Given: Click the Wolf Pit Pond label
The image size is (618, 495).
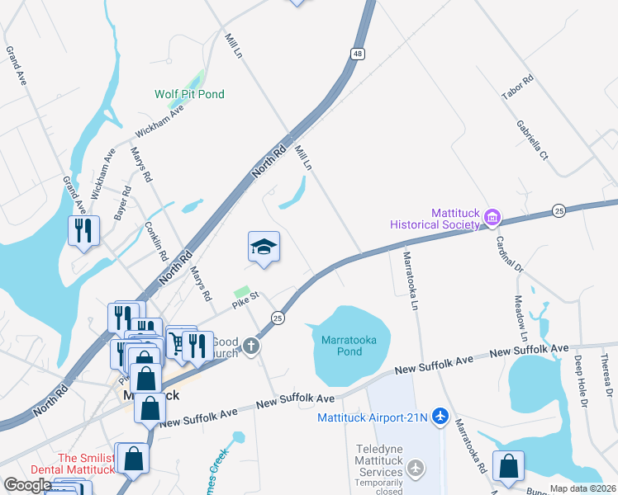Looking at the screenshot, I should pos(189,94).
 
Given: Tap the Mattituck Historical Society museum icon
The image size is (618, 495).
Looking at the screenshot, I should pos(493,218).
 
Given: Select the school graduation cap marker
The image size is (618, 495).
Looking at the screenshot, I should pos(264,247).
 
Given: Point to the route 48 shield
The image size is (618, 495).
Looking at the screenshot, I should pos(357,54).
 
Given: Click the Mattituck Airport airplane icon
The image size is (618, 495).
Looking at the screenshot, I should pos(440,417).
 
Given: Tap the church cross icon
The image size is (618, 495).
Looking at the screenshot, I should pos(250,347).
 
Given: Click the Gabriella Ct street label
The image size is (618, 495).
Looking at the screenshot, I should pos(533,139).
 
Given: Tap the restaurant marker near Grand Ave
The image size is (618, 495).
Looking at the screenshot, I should pos(83,230).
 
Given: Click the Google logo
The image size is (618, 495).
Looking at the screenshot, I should pos(28,485).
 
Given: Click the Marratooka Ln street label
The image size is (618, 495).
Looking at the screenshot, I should pos(409,280).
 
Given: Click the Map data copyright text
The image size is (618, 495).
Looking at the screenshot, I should pos(583,488).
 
